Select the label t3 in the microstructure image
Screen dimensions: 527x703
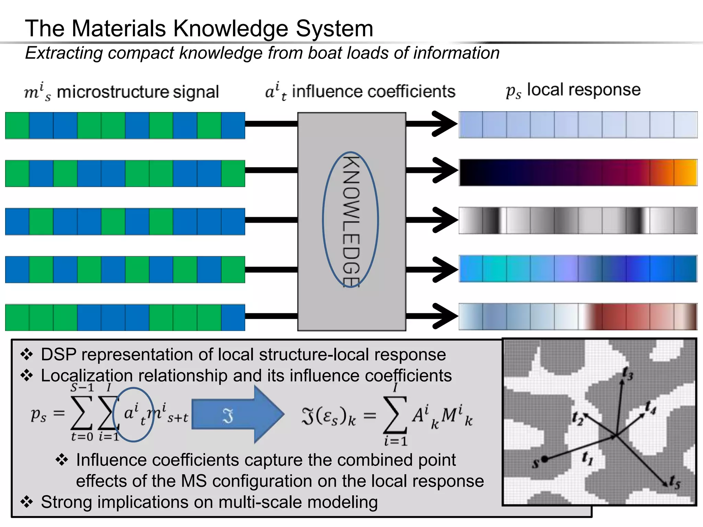point(628,374)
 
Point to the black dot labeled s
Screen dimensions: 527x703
point(544,459)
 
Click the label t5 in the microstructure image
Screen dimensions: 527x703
point(675,482)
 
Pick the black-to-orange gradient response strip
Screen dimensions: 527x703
point(578,173)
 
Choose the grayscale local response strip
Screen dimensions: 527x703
point(578,221)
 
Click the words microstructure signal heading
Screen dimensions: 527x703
point(138,92)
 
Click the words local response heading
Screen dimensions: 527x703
point(584,90)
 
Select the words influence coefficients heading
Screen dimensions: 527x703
point(373,92)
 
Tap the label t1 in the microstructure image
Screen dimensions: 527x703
point(587,458)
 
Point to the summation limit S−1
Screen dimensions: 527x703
point(82,388)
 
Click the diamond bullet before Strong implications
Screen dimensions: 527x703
point(27,502)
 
